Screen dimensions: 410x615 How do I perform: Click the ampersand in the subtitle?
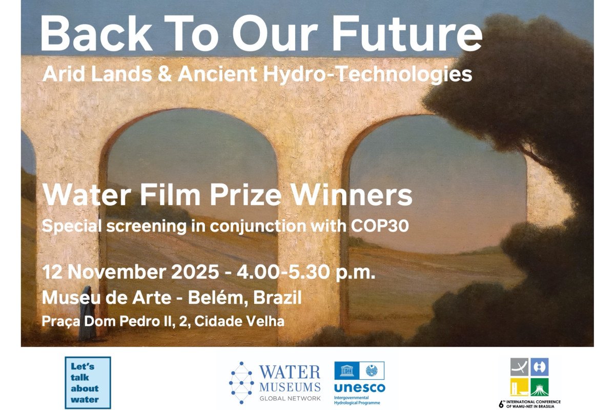point(165,75)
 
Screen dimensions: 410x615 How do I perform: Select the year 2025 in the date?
point(197,272)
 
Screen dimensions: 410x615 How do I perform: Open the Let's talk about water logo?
point(88,382)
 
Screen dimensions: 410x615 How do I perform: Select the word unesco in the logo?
point(359,387)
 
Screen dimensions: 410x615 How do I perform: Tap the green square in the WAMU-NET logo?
point(539,387)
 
